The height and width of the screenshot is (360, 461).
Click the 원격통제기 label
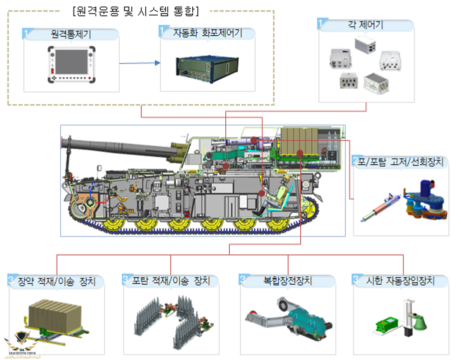[71, 34]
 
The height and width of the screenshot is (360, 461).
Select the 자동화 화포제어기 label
[207, 33]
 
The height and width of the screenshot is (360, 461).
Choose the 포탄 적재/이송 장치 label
[171, 281]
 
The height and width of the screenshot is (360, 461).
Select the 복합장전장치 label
[287, 281]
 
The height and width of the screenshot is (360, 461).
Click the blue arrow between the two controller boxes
[140, 63]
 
